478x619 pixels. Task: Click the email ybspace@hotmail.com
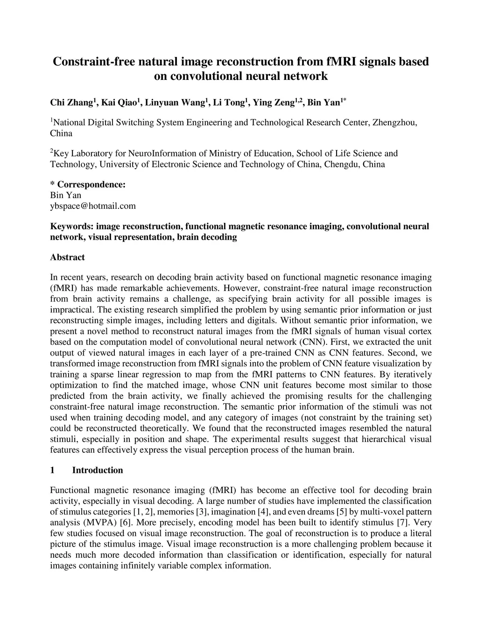(93, 206)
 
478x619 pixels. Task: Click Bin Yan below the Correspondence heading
(65, 195)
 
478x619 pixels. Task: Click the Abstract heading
(67, 257)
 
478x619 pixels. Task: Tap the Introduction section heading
(98, 470)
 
